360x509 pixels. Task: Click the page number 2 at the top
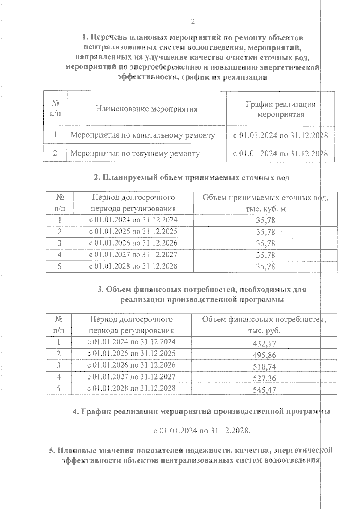[x=193, y=22]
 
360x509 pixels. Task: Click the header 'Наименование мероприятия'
[x=147, y=109]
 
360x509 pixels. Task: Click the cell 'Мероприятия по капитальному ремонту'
[x=142, y=135]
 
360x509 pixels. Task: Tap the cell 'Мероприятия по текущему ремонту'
[x=135, y=153]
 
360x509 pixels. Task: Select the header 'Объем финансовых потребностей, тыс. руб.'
[x=264, y=325]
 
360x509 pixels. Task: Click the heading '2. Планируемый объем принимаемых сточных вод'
[x=192, y=177]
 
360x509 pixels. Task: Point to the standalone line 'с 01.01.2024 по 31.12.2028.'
[x=202, y=431]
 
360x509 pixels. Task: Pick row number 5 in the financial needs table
[x=58, y=388]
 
